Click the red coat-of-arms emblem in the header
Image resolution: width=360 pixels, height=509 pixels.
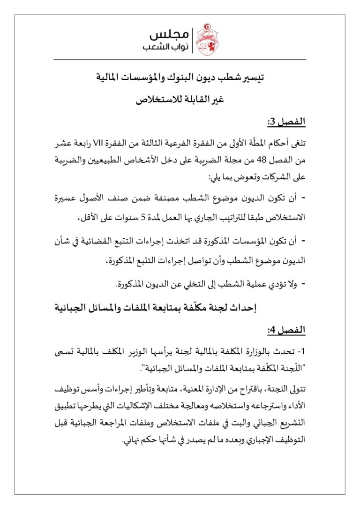[207, 40]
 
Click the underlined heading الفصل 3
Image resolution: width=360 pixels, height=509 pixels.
[286, 122]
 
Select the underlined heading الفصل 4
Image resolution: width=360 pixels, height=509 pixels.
[286, 330]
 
